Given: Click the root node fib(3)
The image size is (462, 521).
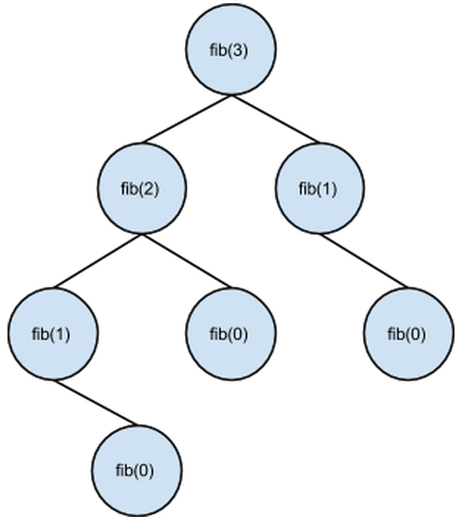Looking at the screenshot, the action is click(x=231, y=50).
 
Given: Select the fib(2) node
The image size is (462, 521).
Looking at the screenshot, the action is click(x=142, y=188).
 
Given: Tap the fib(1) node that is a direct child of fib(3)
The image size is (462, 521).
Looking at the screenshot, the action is click(x=320, y=188).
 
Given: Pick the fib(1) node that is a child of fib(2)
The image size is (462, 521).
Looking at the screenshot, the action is click(x=54, y=334).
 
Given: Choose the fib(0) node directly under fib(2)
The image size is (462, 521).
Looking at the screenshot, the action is click(x=231, y=334).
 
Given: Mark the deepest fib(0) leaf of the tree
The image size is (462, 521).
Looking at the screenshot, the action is click(x=137, y=471).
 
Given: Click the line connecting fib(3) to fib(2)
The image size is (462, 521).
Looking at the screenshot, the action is click(x=187, y=120).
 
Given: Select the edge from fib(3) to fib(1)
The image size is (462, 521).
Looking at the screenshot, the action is click(x=275, y=120).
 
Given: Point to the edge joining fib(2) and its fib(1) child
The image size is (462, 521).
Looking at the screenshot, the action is click(x=98, y=261).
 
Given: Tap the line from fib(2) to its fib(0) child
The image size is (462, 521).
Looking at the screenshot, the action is click(x=187, y=261).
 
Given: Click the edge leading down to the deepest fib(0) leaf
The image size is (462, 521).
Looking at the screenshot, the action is click(x=95, y=403).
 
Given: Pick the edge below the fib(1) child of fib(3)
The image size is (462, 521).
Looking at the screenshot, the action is click(x=364, y=261).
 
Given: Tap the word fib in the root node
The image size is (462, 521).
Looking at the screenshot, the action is click(x=218, y=50).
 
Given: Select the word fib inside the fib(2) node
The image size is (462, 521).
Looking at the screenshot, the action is click(x=129, y=188).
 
